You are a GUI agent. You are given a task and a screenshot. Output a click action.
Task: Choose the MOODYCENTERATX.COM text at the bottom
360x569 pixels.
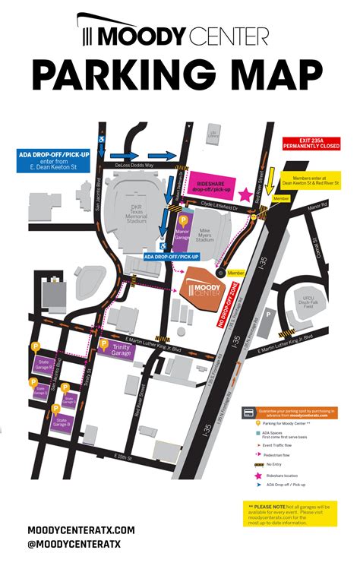81,529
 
